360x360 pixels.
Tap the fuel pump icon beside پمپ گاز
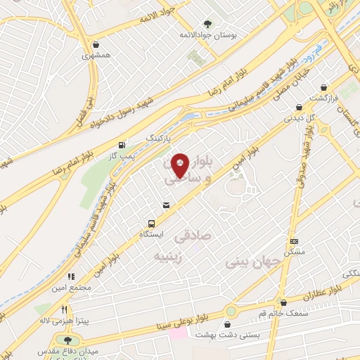pyautogui.click(x=124, y=138)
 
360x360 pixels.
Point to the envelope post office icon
pyautogui.click(x=166, y=205)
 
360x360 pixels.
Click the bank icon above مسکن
pyautogui.click(x=293, y=241)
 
